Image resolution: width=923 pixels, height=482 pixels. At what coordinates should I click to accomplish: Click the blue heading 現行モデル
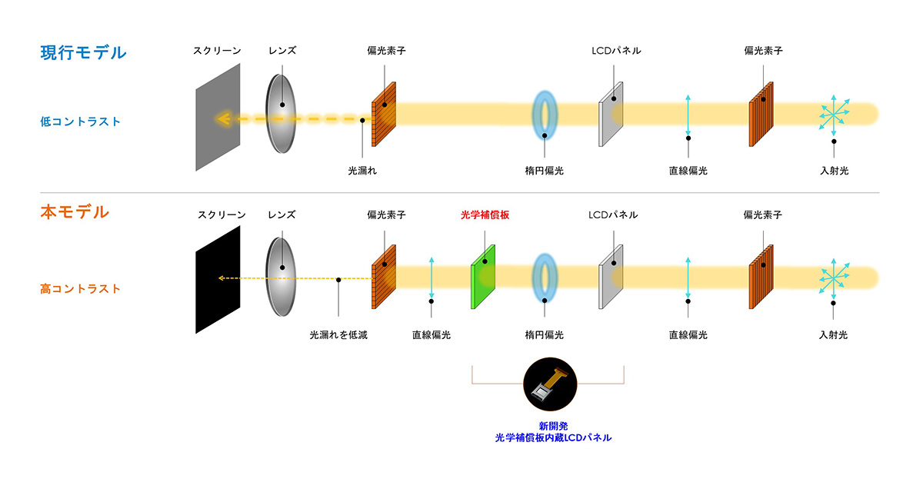(x=83, y=53)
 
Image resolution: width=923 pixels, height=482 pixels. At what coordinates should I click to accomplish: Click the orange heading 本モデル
(x=75, y=212)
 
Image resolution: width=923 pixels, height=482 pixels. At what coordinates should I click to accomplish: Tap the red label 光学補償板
(x=485, y=215)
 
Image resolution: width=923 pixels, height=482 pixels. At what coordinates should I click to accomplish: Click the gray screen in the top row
(x=218, y=117)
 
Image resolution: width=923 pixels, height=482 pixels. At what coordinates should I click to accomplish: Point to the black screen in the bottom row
(x=218, y=279)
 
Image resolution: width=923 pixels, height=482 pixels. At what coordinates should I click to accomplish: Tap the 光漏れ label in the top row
(x=362, y=171)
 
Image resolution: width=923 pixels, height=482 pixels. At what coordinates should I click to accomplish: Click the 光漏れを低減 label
(x=338, y=335)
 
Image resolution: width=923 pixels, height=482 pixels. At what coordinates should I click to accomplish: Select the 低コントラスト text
(x=81, y=121)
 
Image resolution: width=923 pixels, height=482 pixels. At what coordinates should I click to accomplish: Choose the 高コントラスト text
(x=81, y=289)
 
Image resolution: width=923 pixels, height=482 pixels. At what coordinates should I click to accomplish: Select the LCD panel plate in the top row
(x=611, y=113)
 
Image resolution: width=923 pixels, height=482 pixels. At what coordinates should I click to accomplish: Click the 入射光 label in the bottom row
(x=834, y=335)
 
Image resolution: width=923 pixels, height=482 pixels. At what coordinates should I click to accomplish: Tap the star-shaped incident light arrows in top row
(x=833, y=115)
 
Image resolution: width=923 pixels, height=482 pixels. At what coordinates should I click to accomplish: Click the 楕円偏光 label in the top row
(x=545, y=171)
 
